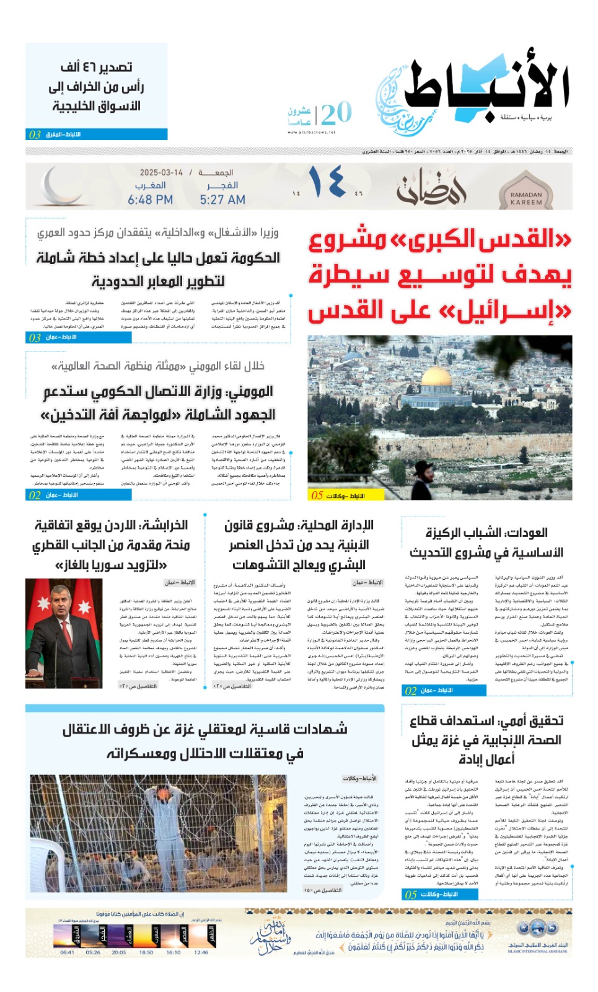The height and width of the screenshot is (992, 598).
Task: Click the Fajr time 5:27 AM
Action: click(x=222, y=200)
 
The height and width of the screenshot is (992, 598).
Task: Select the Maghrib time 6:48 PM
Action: click(x=150, y=200)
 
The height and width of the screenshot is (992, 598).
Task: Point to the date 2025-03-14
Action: click(x=161, y=173)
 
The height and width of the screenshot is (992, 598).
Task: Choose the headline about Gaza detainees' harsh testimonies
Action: click(x=204, y=740)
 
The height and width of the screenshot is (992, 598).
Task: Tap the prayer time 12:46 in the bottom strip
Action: click(x=201, y=952)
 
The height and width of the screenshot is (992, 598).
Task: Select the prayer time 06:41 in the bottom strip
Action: click(x=68, y=952)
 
